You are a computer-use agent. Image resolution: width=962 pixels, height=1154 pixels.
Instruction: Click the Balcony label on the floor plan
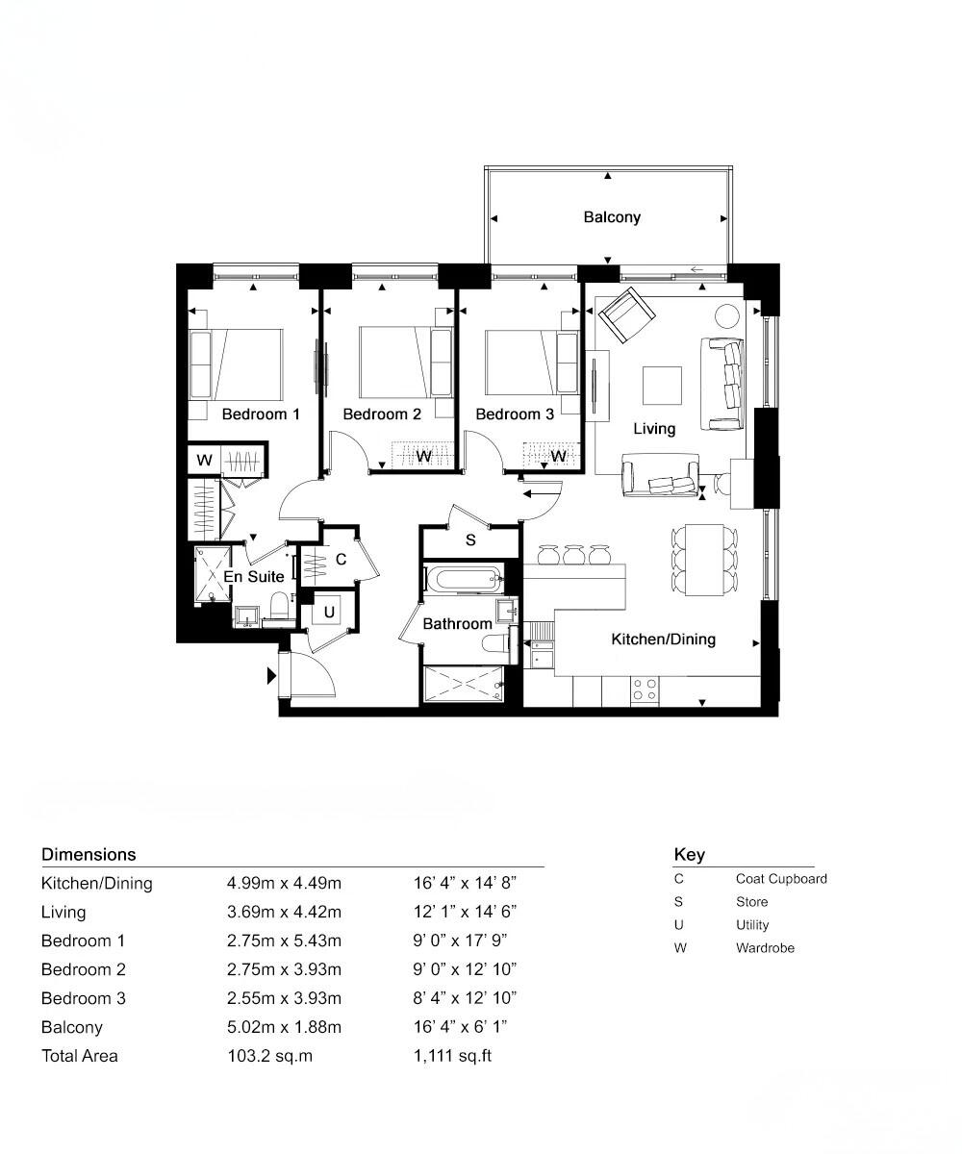612,217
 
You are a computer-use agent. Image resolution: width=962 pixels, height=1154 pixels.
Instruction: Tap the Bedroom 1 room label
261,414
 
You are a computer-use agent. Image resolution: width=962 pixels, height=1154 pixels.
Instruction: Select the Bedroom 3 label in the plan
515,414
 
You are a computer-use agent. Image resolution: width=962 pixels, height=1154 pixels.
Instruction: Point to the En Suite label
254,577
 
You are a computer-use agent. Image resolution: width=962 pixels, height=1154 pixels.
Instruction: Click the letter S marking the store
470,540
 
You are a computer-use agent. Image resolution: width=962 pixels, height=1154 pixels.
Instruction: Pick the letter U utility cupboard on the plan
329,612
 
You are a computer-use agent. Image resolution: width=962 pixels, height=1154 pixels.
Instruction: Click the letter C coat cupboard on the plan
341,561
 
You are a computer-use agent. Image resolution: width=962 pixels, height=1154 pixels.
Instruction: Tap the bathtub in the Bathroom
464,579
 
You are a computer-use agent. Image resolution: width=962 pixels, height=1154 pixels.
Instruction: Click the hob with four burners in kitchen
644,689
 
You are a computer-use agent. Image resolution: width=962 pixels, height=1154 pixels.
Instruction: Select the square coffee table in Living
663,387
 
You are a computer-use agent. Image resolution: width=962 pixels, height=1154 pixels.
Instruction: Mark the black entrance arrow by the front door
272,676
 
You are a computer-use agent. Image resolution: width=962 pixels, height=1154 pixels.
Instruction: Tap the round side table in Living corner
726,316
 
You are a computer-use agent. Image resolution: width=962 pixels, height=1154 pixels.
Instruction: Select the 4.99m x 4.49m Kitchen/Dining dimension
284,883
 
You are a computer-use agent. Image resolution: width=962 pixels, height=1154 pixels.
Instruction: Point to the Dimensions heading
89,854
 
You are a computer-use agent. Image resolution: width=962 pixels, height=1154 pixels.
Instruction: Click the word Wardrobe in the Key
765,948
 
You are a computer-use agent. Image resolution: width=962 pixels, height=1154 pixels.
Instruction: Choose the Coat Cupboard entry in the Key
780,879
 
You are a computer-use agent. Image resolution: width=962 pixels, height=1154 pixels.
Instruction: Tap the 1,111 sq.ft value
452,1056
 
